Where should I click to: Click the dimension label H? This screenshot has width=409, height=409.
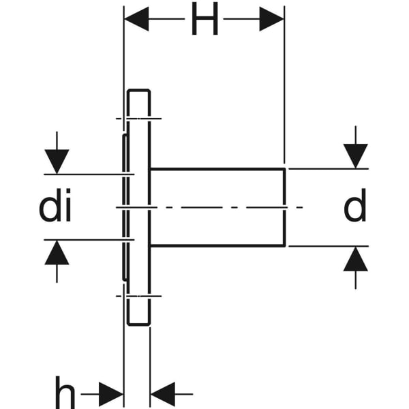click(x=204, y=21)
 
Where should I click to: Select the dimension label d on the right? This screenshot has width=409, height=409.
click(x=354, y=207)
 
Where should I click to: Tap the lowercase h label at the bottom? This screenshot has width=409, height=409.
click(x=65, y=393)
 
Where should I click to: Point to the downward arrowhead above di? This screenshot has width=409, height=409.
click(x=58, y=161)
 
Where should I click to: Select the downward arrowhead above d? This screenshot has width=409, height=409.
click(x=355, y=156)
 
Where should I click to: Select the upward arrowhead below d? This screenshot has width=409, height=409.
click(x=355, y=259)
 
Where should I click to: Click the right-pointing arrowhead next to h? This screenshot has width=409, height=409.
click(x=111, y=393)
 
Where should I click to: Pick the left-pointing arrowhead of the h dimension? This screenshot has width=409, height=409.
click(x=162, y=393)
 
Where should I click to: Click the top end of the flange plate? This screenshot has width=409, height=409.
click(x=138, y=91)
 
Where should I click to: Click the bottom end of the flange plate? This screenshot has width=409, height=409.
click(x=138, y=324)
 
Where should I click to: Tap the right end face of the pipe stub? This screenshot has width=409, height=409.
click(x=284, y=207)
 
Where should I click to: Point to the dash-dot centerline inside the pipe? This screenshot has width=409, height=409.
click(x=218, y=207)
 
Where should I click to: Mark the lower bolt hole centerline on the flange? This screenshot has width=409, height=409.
click(x=138, y=296)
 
